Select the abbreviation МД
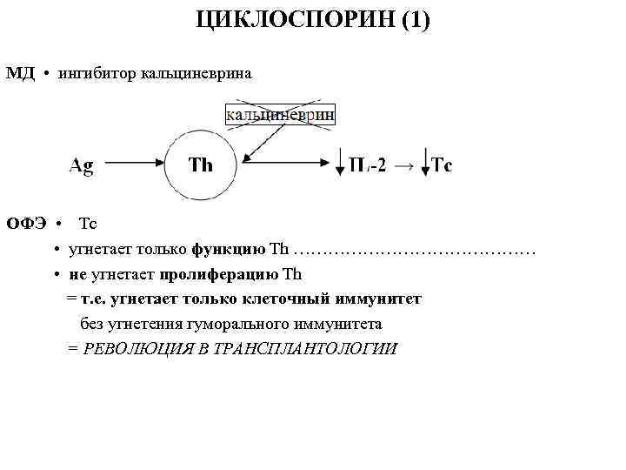click(x=20, y=73)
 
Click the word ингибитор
click(x=95, y=73)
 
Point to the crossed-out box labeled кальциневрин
click(x=279, y=114)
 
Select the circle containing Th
click(x=202, y=164)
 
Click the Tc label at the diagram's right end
click(x=442, y=164)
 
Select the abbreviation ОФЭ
click(x=24, y=224)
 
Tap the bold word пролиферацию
click(x=220, y=274)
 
